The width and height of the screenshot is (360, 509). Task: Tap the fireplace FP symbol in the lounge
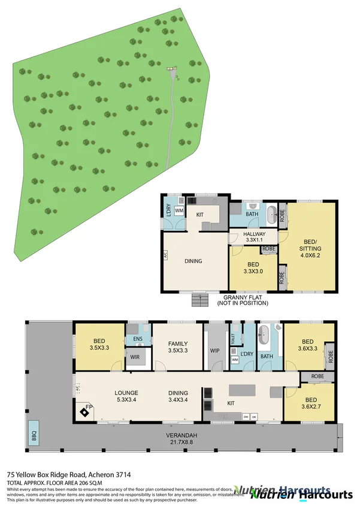(83, 412)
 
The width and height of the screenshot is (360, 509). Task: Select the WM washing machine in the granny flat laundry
(179, 210)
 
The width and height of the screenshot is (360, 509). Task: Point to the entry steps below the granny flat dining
(198, 299)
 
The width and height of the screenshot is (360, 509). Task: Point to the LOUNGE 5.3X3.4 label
(126, 397)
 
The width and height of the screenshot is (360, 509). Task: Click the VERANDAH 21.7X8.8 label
(183, 439)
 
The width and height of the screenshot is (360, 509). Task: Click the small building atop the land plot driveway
(173, 70)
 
